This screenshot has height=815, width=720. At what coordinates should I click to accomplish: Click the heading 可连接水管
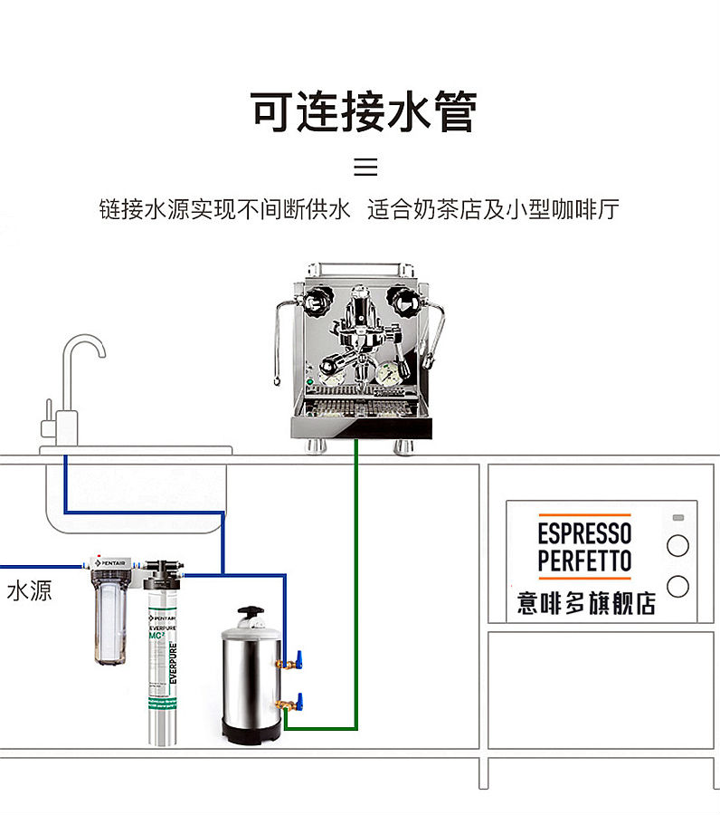pyautogui.click(x=363, y=112)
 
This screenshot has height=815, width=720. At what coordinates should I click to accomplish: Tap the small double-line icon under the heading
pyautogui.click(x=365, y=167)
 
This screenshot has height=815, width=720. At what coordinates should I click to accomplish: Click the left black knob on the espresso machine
pyautogui.click(x=317, y=302)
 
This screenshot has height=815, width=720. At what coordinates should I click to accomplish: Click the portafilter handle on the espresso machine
pyautogui.click(x=336, y=360)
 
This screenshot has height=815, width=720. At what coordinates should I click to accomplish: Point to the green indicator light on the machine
pyautogui.click(x=309, y=382)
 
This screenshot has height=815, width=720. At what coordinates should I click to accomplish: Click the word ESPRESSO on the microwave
pyautogui.click(x=583, y=532)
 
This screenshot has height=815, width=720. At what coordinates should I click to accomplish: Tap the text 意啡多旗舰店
pyautogui.click(x=586, y=604)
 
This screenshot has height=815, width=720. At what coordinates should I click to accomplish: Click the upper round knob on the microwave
pyautogui.click(x=677, y=545)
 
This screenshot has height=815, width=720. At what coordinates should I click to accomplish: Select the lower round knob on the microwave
pyautogui.click(x=677, y=586)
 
